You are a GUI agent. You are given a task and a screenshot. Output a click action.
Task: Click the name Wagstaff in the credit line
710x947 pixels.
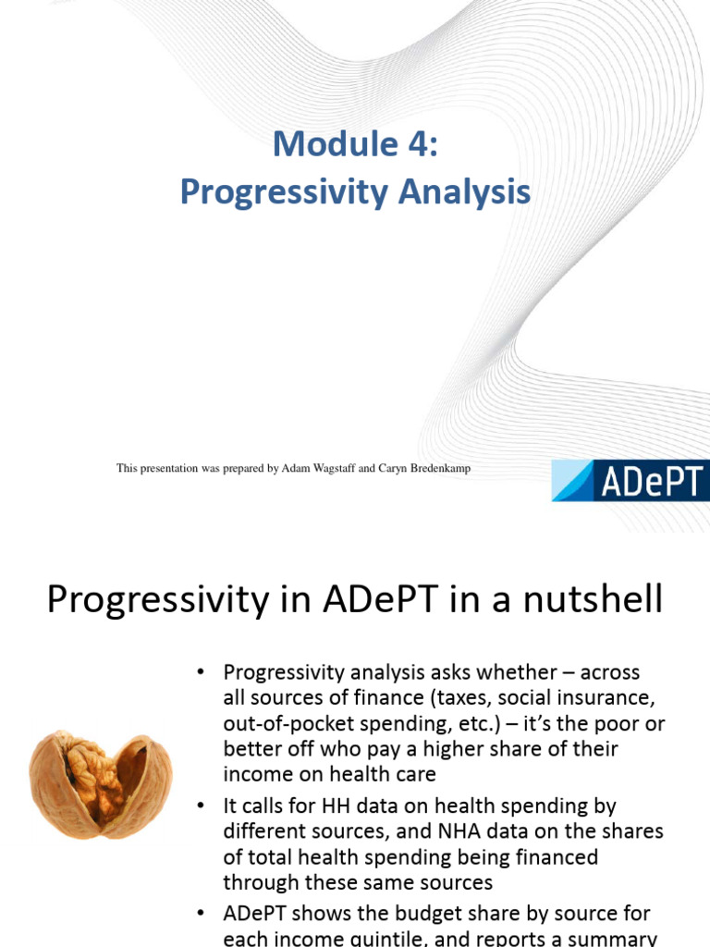click(x=328, y=469)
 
